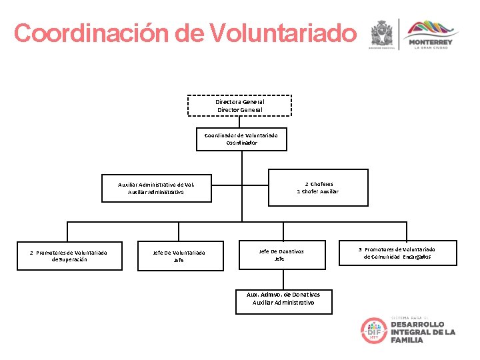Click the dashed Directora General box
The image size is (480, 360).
(239, 105)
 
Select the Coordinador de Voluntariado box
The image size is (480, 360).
(241, 139)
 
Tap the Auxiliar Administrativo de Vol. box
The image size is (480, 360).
(156, 188)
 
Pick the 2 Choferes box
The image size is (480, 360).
(318, 187)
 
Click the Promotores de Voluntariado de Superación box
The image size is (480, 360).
(69, 255)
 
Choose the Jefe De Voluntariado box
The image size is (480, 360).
(179, 256)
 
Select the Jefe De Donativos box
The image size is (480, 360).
(281, 255)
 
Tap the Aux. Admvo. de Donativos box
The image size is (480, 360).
(283, 299)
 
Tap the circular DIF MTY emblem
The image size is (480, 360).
(373, 331)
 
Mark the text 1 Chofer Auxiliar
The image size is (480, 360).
(318, 191)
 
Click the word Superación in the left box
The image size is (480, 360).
(69, 259)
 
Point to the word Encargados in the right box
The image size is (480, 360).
(417, 257)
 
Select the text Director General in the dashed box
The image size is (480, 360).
(239, 109)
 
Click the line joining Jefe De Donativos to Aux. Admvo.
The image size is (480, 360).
(281, 279)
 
